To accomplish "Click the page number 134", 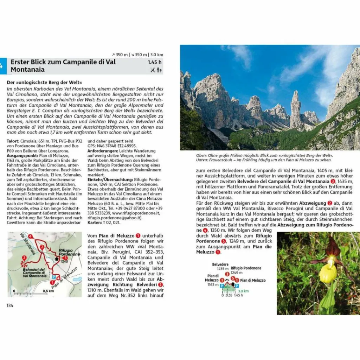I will (x=10, y=306).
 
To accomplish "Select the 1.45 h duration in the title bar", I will (x=155, y=62).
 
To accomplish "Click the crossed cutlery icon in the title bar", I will (x=152, y=70).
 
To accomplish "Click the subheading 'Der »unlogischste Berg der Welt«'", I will (x=42, y=82).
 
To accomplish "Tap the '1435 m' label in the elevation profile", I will (x=220, y=269).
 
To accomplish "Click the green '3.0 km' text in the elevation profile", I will (x=243, y=291).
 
